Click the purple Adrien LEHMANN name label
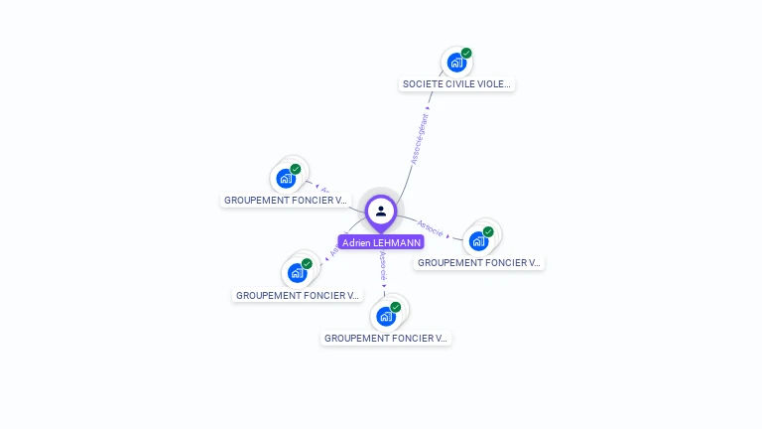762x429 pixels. click(x=381, y=242)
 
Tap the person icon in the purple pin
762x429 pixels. click(x=381, y=211)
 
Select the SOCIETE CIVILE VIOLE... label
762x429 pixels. click(x=456, y=84)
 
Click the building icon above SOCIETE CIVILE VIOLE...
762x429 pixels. click(x=455, y=63)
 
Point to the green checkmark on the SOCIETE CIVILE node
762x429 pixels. click(x=466, y=53)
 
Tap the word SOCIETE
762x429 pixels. click(x=422, y=84)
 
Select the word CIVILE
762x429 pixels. click(x=460, y=84)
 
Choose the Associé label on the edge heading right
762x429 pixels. click(x=430, y=227)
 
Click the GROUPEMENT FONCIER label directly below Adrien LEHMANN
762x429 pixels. click(x=386, y=339)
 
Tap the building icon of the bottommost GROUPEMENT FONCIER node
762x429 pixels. click(x=385, y=317)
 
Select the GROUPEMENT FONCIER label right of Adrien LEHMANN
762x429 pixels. click(x=478, y=263)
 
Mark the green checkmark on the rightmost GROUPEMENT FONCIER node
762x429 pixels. click(x=488, y=231)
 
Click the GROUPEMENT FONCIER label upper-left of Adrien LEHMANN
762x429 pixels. click(x=286, y=201)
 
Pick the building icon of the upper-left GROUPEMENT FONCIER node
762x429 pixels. click(x=286, y=179)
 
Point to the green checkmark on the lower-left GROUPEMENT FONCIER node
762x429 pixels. click(x=307, y=263)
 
